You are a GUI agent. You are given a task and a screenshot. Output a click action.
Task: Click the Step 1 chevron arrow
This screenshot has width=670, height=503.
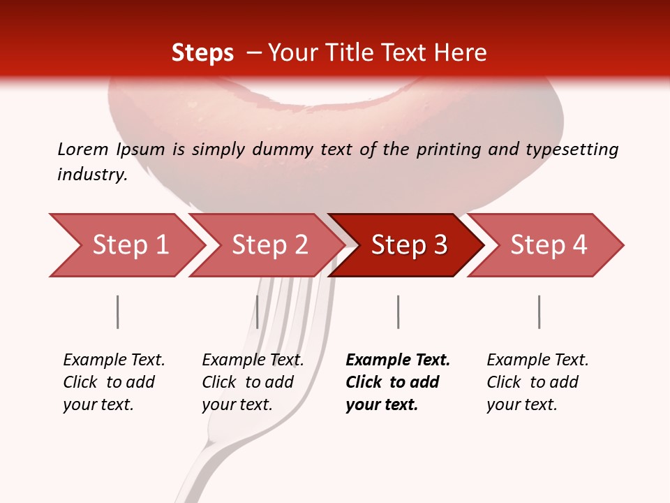click(x=126, y=245)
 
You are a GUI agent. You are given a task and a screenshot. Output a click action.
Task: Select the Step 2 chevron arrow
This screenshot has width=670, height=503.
click(x=265, y=245)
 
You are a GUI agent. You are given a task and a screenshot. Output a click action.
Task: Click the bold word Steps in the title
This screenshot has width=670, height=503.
click(x=202, y=53)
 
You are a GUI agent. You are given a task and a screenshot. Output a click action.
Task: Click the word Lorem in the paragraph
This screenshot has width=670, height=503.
click(x=82, y=149)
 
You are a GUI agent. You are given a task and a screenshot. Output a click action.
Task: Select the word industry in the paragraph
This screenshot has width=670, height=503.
click(x=91, y=174)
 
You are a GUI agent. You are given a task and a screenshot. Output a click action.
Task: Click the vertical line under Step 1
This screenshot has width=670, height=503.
click(x=117, y=312)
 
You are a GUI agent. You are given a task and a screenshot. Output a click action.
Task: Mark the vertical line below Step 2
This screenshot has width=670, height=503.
click(x=258, y=312)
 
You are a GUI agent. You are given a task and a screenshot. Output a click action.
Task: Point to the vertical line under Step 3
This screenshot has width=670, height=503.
click(x=398, y=312)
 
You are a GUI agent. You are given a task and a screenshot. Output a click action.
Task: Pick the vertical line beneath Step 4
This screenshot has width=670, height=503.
click(x=539, y=312)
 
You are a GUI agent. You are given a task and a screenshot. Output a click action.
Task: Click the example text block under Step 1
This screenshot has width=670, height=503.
click(x=113, y=382)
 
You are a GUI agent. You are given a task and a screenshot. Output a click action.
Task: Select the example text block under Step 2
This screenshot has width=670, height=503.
click(x=252, y=382)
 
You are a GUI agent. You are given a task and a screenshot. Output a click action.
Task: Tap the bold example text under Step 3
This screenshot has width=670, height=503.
click(x=397, y=382)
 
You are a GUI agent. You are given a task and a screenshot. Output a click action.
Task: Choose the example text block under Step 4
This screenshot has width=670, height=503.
click(x=537, y=382)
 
